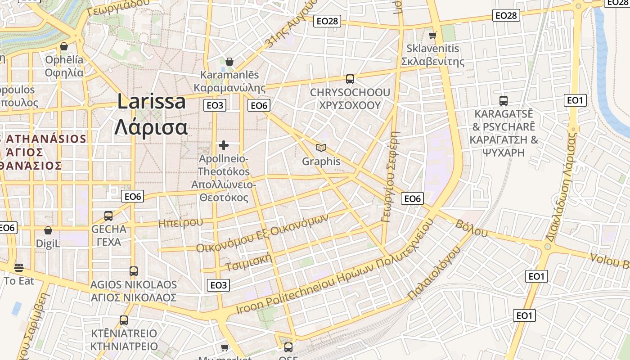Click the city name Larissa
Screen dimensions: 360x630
151,102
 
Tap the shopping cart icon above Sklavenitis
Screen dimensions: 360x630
432,35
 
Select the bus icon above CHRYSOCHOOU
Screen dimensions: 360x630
350,79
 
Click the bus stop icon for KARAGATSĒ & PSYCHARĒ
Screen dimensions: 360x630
504,100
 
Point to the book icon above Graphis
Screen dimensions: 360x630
321,148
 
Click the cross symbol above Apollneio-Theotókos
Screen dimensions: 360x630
224,145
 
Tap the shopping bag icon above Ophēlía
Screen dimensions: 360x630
64,46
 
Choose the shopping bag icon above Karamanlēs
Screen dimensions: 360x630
229,62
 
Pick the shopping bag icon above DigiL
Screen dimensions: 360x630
48,231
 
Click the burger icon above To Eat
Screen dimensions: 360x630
18,268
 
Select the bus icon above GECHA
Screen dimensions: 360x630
108,216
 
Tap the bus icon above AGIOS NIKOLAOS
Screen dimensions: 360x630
133,271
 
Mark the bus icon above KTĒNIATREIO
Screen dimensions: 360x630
124,320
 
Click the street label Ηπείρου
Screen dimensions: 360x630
181,222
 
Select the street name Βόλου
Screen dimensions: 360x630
472,228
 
